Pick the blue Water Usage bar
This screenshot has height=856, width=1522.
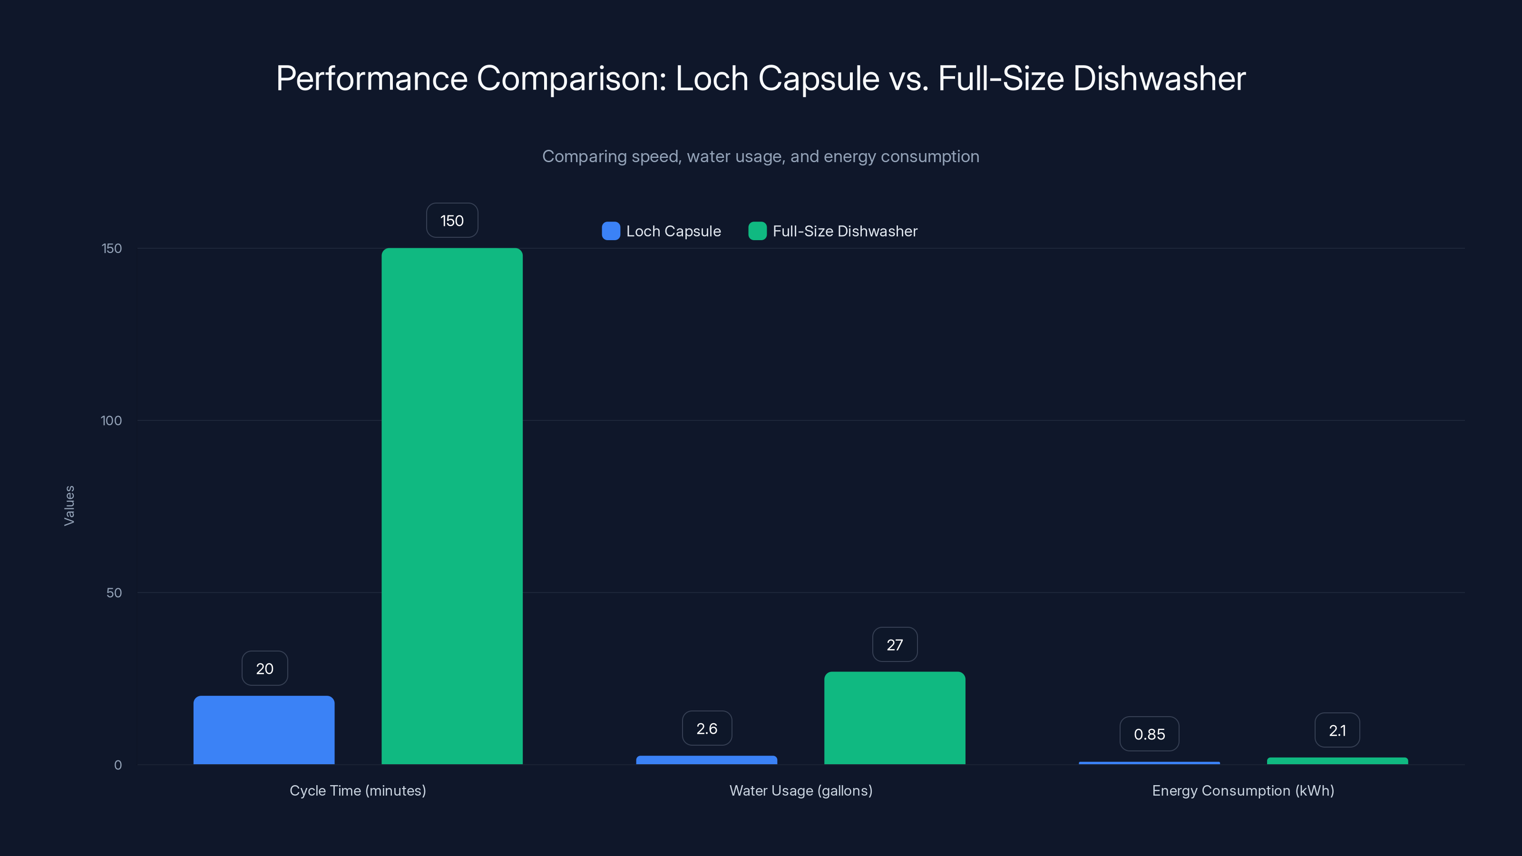tap(707, 760)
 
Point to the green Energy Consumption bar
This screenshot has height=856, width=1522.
tap(1337, 761)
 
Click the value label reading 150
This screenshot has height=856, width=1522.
tap(452, 220)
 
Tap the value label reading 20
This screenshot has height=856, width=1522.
tap(265, 668)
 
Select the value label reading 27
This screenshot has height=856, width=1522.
tap(895, 644)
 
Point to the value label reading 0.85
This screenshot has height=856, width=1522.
tap(1149, 734)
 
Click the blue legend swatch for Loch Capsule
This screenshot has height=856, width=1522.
tap(611, 231)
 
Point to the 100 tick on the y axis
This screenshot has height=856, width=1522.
tap(111, 420)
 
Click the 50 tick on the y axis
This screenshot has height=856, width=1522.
tap(114, 593)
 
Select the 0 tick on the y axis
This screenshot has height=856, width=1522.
tap(117, 765)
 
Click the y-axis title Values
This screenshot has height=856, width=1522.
tap(69, 506)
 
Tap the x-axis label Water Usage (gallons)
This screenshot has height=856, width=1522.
tap(800, 790)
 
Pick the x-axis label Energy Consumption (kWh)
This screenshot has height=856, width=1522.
tap(1243, 790)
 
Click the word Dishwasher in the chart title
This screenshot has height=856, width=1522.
tap(1159, 78)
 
